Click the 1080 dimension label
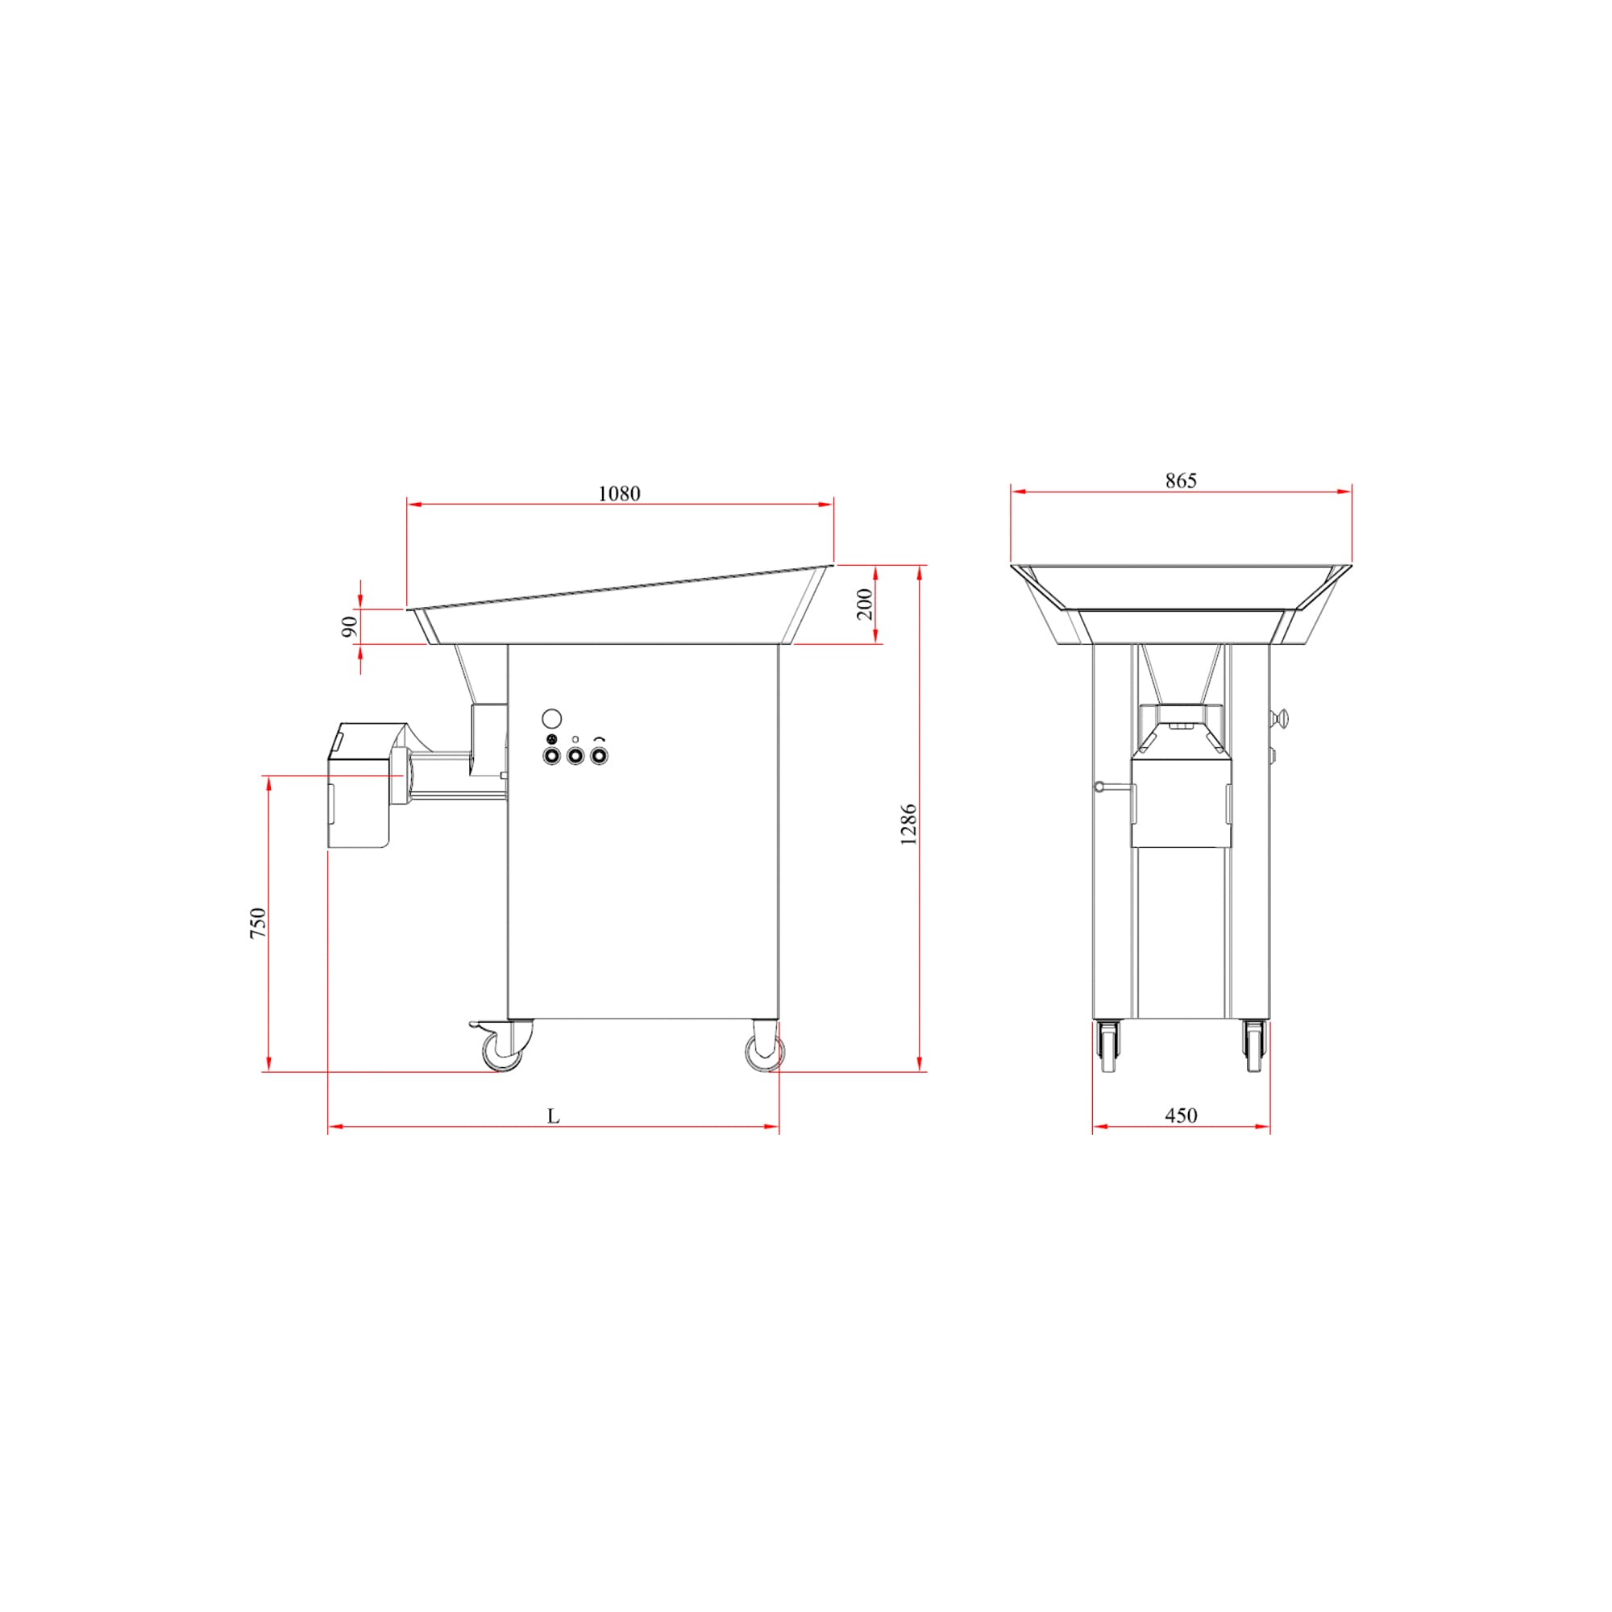[619, 494]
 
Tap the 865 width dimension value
[1181, 480]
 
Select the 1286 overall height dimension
[908, 825]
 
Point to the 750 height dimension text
[259, 924]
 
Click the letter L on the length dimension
[553, 1116]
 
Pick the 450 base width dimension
[1181, 1116]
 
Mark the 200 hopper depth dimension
[865, 604]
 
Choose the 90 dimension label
[351, 626]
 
